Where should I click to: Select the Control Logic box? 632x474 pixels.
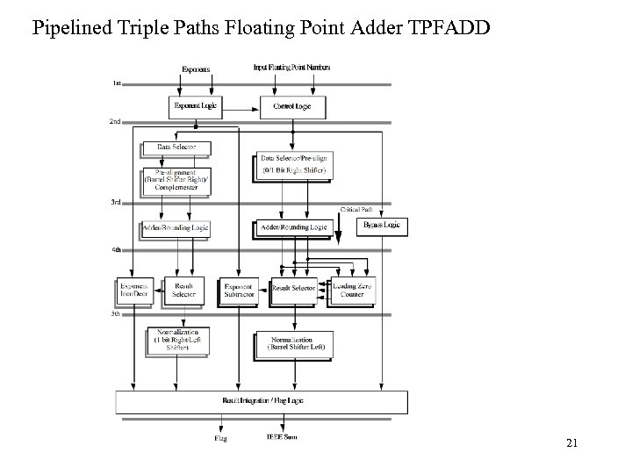tap(292, 106)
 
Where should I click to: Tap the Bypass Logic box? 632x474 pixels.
tap(380, 226)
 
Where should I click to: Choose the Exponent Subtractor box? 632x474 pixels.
tap(237, 290)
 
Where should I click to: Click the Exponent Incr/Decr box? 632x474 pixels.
tap(135, 290)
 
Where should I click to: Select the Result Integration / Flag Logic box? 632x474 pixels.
tap(262, 401)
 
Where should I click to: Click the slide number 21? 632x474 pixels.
tap(571, 443)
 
